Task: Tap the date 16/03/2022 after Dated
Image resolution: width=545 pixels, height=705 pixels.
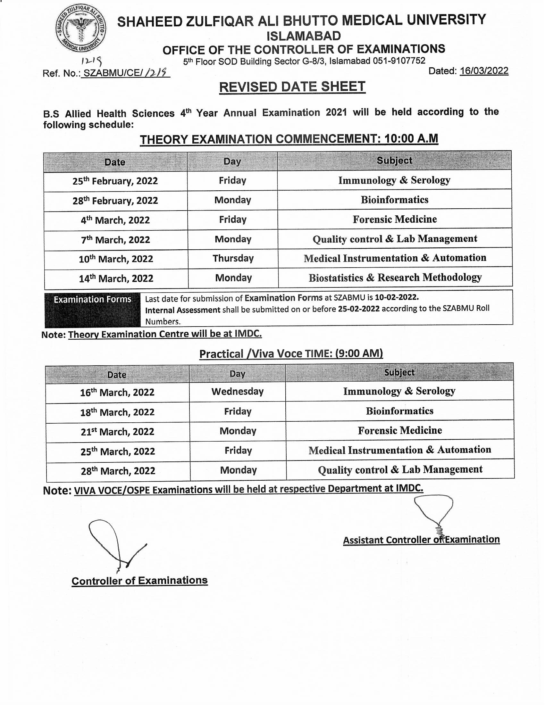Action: point(484,71)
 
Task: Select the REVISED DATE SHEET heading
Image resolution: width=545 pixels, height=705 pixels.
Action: point(292,87)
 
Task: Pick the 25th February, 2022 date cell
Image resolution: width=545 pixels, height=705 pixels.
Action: point(115,181)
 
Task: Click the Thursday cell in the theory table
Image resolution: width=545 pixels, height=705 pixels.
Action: point(233,259)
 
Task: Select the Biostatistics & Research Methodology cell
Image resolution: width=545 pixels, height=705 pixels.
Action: point(395,278)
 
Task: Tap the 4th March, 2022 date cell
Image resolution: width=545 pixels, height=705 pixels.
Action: point(115,220)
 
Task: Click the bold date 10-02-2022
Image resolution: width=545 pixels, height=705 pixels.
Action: point(397,297)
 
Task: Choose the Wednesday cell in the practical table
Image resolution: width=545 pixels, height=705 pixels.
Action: point(237,392)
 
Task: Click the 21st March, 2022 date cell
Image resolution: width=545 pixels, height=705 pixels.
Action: point(118,432)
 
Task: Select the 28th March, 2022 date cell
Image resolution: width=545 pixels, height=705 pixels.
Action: point(118,471)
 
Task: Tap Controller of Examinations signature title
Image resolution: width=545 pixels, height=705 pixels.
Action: point(139,581)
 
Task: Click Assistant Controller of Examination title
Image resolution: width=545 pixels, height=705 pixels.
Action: point(421,540)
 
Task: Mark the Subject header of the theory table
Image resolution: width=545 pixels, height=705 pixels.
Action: point(394,161)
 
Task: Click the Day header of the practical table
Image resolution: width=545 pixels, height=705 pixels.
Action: point(237,373)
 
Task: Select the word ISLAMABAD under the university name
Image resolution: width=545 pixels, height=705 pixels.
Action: point(304,36)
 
